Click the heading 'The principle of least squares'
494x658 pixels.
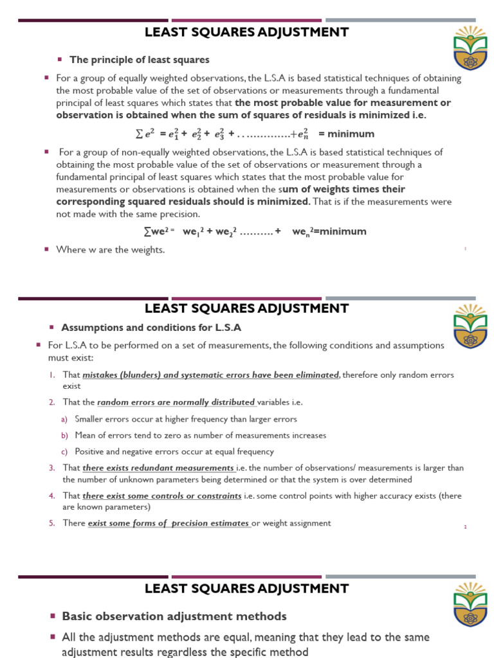click(x=139, y=60)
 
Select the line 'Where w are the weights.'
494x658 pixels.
click(x=111, y=249)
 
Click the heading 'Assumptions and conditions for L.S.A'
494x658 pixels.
click(x=151, y=327)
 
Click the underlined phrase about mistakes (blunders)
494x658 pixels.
click(x=210, y=375)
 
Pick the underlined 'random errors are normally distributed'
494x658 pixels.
click(x=176, y=402)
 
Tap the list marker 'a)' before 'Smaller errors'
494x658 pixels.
click(x=64, y=419)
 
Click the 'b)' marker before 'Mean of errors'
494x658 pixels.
click(x=64, y=436)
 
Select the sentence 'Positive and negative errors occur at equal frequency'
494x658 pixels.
click(x=174, y=452)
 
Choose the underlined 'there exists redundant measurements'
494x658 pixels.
click(x=158, y=468)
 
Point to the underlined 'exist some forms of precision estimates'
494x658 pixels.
click(x=169, y=523)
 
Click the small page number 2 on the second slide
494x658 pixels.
click(x=465, y=527)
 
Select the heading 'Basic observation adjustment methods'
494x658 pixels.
click(x=174, y=616)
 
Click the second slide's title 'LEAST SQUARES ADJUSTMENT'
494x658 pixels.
click(x=247, y=308)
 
